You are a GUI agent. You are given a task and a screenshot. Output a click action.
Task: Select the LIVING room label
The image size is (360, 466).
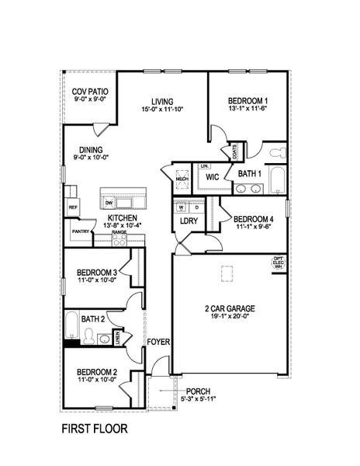(162, 101)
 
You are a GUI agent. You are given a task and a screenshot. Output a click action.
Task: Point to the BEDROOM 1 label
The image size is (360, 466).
(247, 101)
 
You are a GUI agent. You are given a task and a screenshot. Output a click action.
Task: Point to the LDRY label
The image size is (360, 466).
(188, 221)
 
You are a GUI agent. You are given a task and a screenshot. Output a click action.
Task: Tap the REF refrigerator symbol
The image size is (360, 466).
(73, 208)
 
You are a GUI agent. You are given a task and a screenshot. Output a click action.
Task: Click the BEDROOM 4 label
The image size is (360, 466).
(254, 219)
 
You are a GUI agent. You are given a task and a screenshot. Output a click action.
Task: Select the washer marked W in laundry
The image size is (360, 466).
(181, 208)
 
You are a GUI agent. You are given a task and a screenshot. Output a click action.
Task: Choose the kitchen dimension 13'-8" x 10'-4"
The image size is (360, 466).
(123, 226)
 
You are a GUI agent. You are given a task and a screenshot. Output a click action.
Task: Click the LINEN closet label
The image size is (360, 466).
(118, 336)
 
